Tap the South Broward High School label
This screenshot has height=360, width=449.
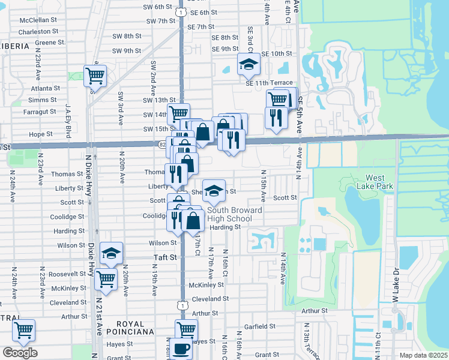pos(230,215)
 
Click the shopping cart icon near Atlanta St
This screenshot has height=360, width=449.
pos(95,76)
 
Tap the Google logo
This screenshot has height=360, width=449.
pos(20,353)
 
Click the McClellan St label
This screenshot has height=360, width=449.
pos(37,19)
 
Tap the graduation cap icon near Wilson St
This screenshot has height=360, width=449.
pos(111,253)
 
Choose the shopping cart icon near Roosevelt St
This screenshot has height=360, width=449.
pos(106,278)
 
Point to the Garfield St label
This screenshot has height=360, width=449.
pos(261,327)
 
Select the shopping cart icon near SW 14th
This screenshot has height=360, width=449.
pos(178,113)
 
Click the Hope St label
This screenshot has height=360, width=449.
pos(41,134)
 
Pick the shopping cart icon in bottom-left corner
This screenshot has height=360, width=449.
pos(23,329)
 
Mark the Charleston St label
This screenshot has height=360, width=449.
pos(37,31)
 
